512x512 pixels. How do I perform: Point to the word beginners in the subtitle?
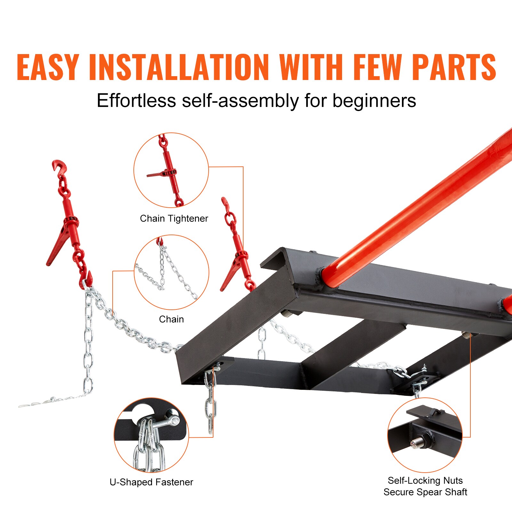click(374, 101)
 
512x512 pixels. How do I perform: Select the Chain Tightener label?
click(174, 219)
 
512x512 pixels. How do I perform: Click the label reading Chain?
click(171, 319)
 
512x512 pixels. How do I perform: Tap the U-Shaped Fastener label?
click(151, 482)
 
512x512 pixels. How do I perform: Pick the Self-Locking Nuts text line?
click(425, 480)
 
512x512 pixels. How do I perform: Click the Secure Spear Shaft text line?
click(425, 492)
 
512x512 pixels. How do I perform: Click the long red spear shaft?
click(416, 208)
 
